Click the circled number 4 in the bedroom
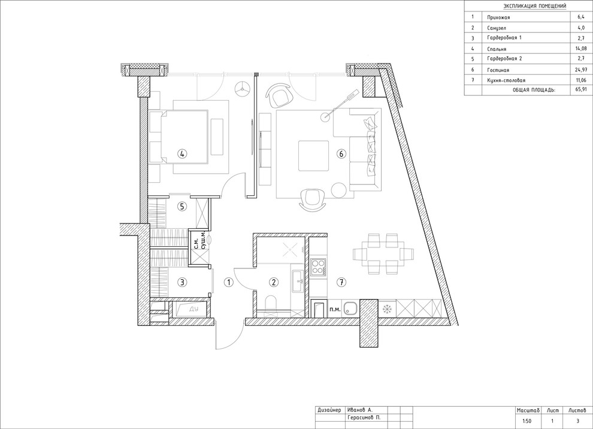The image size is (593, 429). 182,154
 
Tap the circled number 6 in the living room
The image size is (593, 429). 341,154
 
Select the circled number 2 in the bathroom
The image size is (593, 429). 274,282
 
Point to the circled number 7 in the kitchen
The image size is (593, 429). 341,282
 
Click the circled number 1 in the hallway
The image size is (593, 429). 228,282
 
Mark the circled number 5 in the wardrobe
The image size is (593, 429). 182,207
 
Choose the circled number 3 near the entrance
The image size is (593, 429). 182,282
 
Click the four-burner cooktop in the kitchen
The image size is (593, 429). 319,267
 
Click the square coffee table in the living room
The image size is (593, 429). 313,156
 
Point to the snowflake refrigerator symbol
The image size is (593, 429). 386,309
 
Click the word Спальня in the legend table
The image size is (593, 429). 497,49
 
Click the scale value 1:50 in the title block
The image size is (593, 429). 527,420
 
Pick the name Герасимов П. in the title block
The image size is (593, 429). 363,417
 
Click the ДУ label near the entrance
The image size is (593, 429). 193,309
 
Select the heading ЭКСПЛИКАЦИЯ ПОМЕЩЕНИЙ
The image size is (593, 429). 535,6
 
